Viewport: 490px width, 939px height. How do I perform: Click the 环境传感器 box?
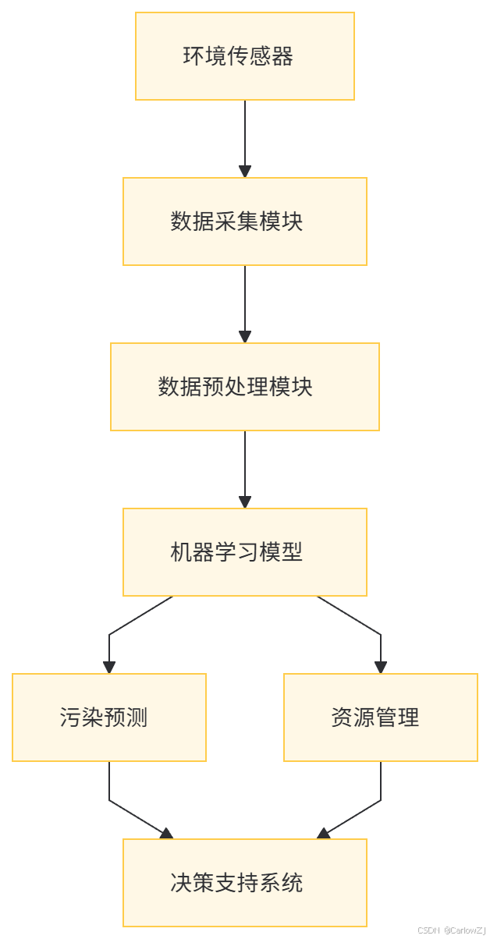point(245,56)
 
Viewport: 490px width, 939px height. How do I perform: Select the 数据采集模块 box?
point(245,221)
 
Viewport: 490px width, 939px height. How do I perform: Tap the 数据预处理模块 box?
point(245,387)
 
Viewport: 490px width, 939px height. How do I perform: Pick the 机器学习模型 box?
point(245,552)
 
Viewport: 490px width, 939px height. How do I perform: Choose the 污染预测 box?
point(109,718)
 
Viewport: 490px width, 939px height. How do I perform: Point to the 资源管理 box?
point(381,718)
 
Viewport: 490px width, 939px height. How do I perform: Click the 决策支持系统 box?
point(245,883)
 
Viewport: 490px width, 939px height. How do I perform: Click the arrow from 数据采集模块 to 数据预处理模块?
point(245,299)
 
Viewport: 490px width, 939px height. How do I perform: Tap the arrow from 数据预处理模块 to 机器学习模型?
point(245,465)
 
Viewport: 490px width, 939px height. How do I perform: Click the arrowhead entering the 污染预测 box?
point(109,668)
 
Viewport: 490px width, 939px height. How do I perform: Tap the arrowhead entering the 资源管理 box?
point(381,668)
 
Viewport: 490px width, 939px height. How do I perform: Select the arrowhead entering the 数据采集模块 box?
point(245,172)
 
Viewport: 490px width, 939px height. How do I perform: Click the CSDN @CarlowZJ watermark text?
point(452,930)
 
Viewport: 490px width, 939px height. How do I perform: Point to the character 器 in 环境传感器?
point(284,57)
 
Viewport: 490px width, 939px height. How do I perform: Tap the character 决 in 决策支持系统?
point(180,884)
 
